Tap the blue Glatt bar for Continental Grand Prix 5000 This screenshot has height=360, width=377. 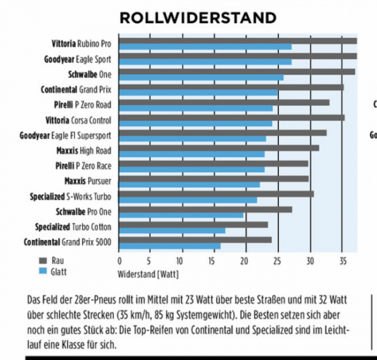170,246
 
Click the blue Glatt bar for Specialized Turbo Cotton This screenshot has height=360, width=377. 172,231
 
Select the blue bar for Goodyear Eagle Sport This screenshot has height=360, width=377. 205,62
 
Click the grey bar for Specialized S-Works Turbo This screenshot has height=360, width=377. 216,194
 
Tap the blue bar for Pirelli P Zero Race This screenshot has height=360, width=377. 192,170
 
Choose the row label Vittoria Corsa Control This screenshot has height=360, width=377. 79,120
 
